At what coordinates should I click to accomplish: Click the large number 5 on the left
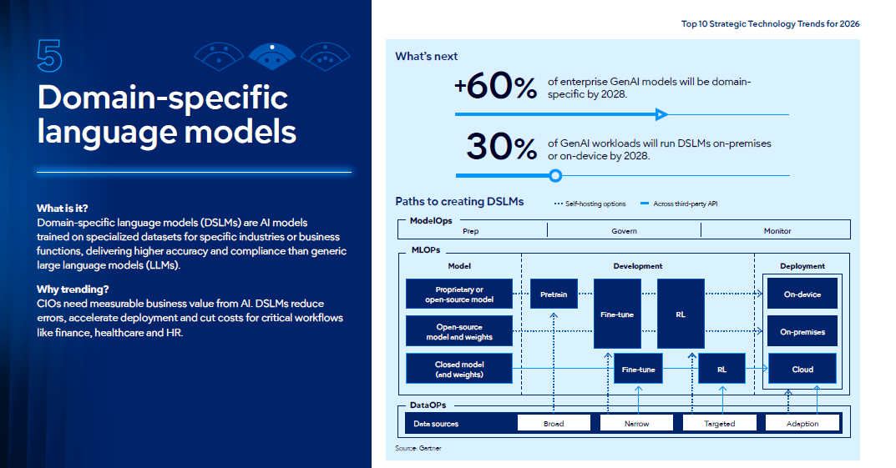50,56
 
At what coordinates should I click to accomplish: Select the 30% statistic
501,146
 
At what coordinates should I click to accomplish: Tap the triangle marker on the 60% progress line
661,115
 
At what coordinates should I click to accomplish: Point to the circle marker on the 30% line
555,176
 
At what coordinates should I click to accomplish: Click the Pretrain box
554,294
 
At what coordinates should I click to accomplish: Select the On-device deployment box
802,294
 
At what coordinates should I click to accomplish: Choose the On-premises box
802,331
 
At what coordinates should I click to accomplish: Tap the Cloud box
802,369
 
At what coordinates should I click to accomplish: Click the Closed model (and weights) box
459,369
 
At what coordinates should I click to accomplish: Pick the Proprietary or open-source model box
459,294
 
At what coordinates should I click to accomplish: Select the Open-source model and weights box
459,331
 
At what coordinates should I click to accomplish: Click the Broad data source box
554,423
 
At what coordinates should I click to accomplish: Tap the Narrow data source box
636,423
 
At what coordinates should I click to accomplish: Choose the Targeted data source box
720,423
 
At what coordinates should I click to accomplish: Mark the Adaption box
802,423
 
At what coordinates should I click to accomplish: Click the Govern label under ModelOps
624,230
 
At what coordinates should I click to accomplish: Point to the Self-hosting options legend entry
590,204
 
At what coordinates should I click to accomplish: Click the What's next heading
426,56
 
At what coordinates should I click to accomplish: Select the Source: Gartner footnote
418,448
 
